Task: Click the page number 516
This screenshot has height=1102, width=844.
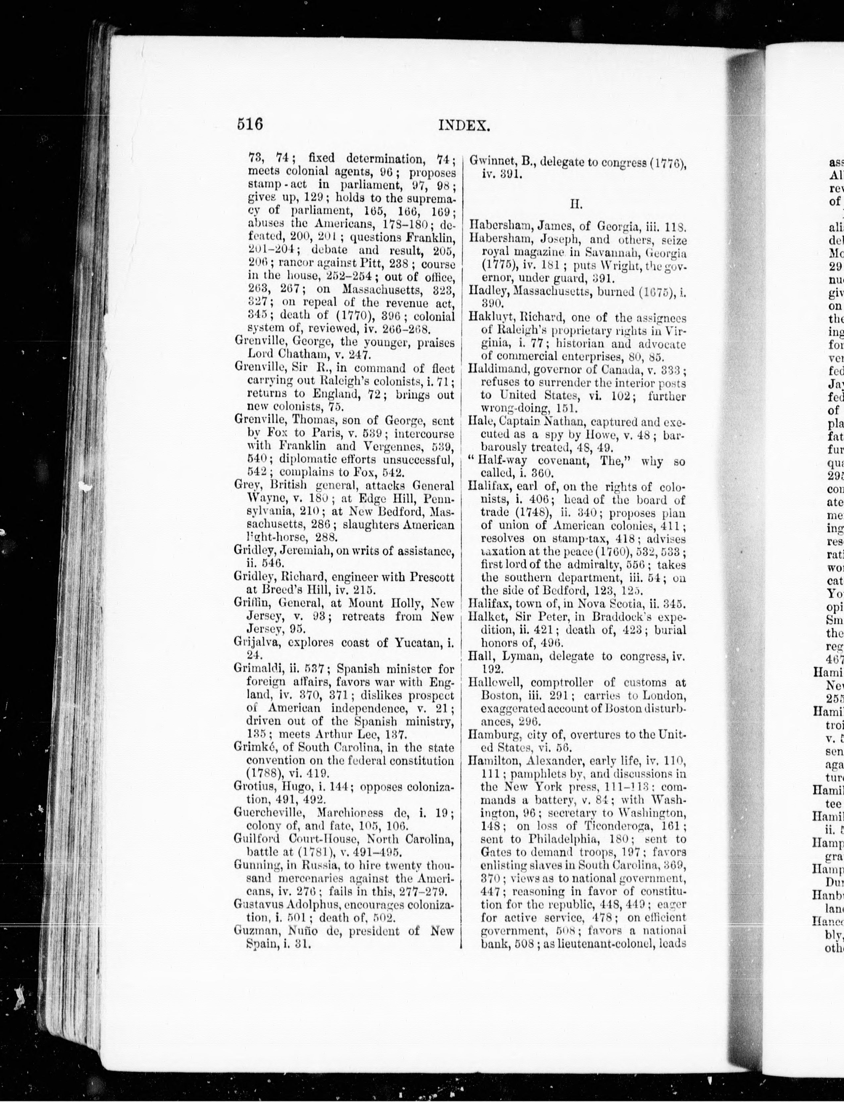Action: click(250, 124)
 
